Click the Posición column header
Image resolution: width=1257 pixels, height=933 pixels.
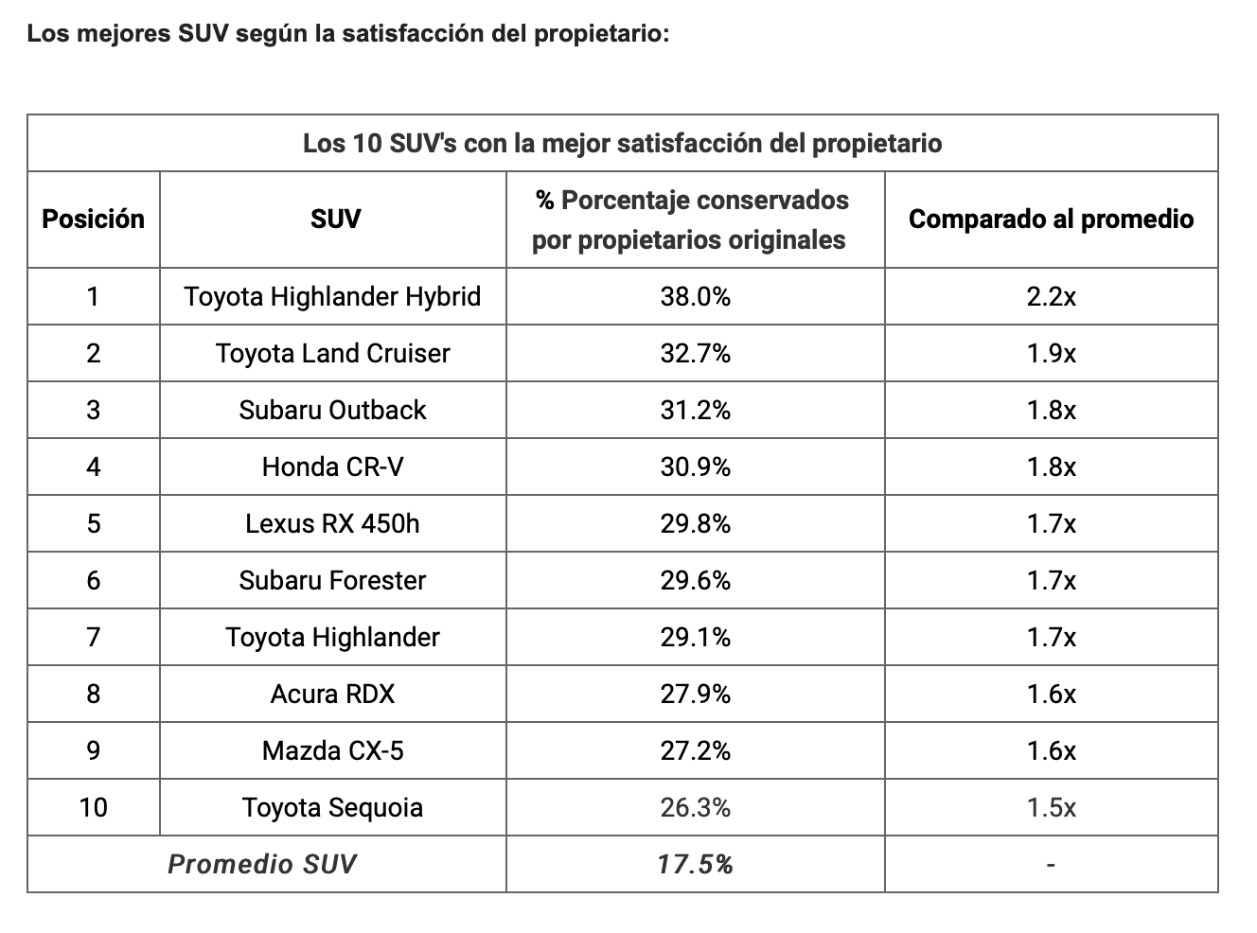point(93,220)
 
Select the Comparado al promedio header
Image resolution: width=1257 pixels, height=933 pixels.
point(1051,220)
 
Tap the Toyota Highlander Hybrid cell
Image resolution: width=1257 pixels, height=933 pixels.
point(332,297)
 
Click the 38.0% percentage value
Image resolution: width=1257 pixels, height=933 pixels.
point(695,297)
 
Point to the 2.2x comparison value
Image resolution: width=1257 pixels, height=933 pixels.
point(1051,297)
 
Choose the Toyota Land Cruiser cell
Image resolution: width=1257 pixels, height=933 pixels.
point(332,354)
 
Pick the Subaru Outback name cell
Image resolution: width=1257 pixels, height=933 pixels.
point(332,411)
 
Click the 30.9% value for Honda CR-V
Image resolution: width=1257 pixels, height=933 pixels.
point(695,467)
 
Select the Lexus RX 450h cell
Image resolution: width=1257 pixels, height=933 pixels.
point(332,524)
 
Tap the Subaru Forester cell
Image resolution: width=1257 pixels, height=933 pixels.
point(332,581)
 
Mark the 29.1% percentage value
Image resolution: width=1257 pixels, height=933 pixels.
point(695,638)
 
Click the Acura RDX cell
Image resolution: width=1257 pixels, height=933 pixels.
point(332,695)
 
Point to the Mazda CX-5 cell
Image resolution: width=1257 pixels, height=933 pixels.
point(332,751)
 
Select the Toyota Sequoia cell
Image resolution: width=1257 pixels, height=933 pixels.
point(332,808)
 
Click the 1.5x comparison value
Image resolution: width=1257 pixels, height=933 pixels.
point(1051,808)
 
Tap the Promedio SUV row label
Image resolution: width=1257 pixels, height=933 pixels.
point(262,864)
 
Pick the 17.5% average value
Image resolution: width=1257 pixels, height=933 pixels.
point(695,864)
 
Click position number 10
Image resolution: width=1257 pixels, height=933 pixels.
point(93,808)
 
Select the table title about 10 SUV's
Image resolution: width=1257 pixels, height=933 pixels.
point(622,144)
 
